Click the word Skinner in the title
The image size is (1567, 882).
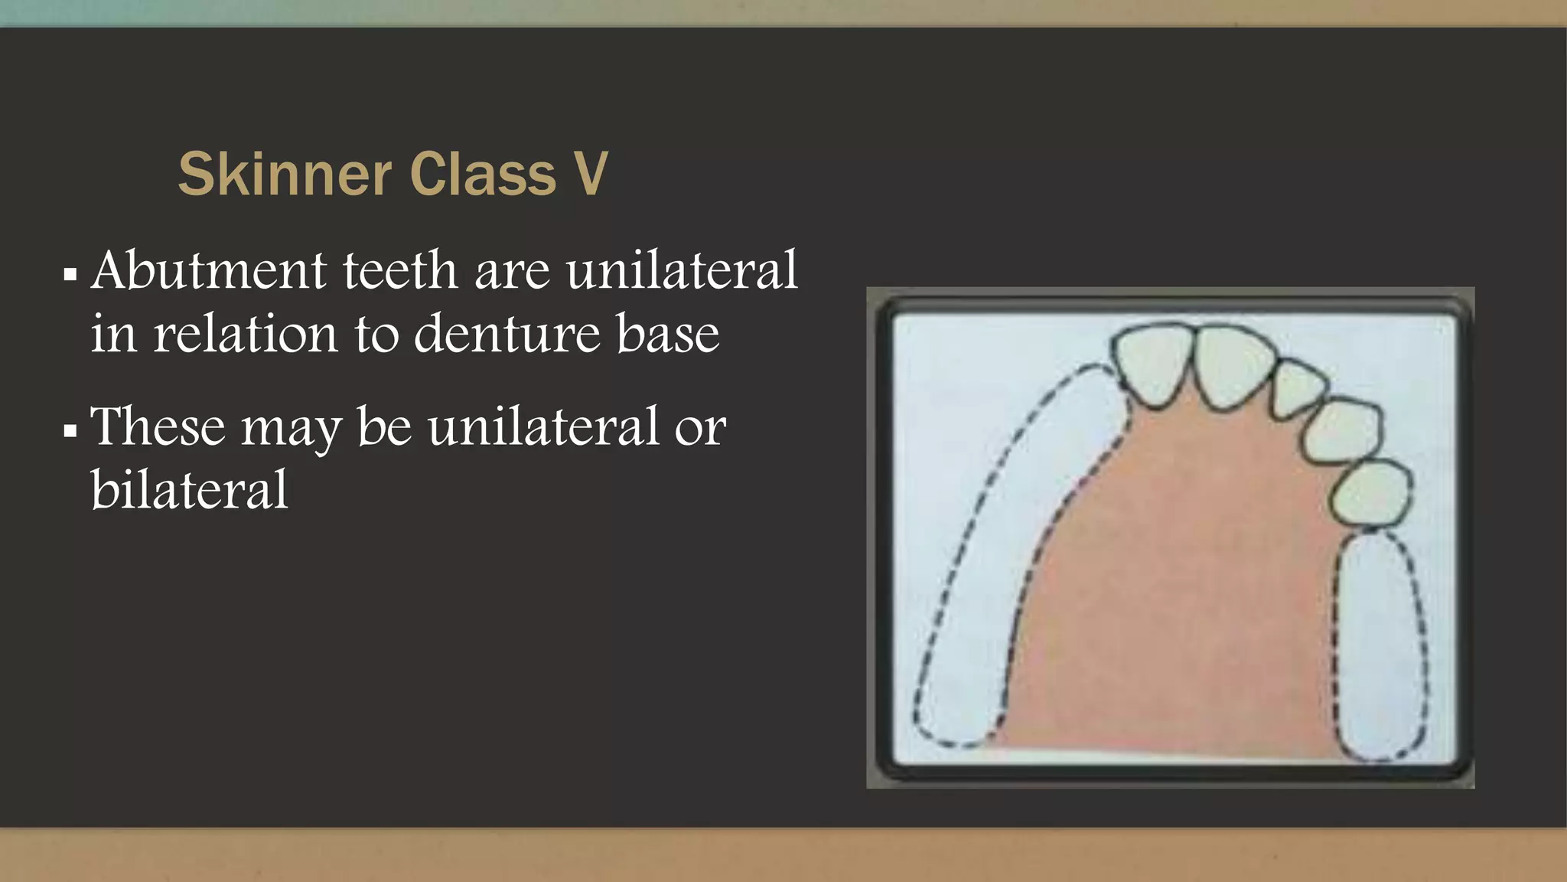pos(285,175)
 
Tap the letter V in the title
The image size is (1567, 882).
pos(591,175)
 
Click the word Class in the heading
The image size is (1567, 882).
pos(483,175)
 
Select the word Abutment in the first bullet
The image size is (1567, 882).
pos(209,271)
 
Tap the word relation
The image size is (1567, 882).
pos(245,335)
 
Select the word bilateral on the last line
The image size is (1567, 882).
pos(189,490)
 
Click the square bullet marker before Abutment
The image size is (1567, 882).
pos(70,274)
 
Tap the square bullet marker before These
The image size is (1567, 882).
pos(70,430)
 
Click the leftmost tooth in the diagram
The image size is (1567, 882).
pos(1152,363)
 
